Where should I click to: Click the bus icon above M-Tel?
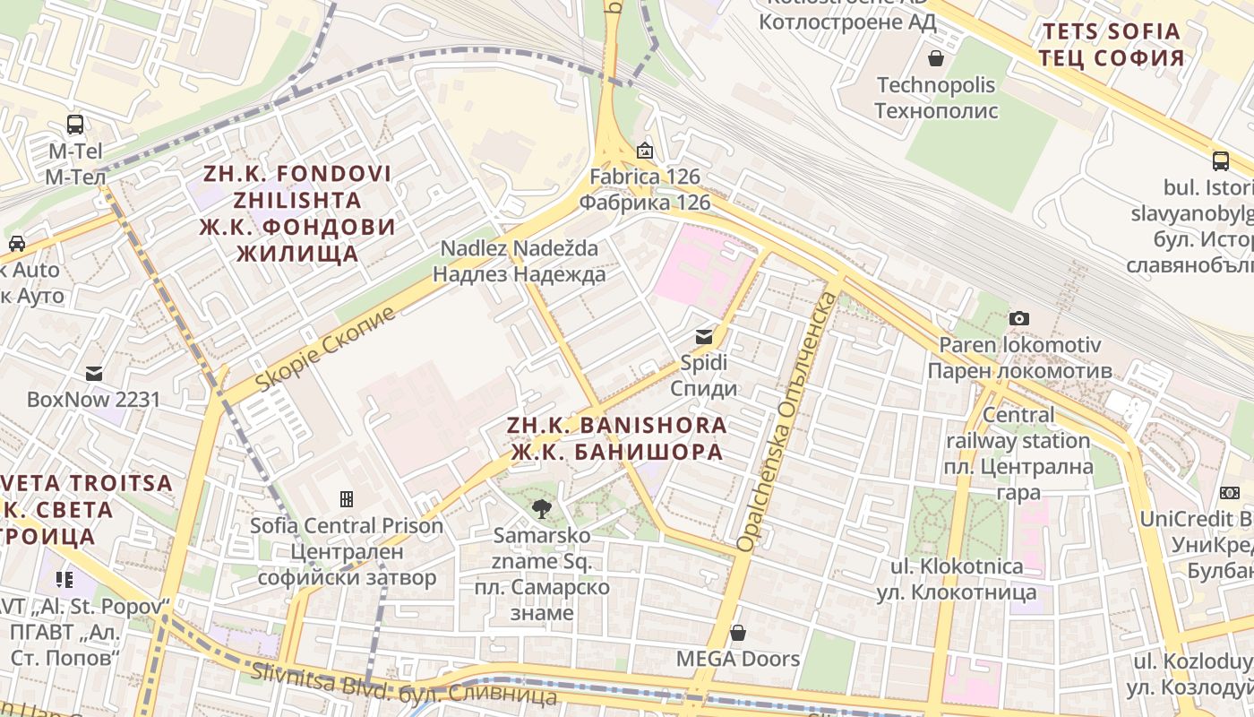(75, 125)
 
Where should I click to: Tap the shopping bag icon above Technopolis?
(936, 58)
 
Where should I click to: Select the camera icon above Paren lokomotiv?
(1018, 318)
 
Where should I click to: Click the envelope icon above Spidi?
(704, 337)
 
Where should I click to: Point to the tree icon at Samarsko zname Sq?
(541, 509)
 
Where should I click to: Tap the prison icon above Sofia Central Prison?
(347, 498)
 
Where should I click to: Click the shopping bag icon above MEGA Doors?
(737, 633)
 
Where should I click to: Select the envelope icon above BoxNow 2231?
(93, 373)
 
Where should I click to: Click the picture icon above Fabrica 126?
(645, 151)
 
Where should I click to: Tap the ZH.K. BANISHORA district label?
(616, 438)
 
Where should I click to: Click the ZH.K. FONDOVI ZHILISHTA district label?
(296, 212)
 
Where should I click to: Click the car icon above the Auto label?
(16, 243)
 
